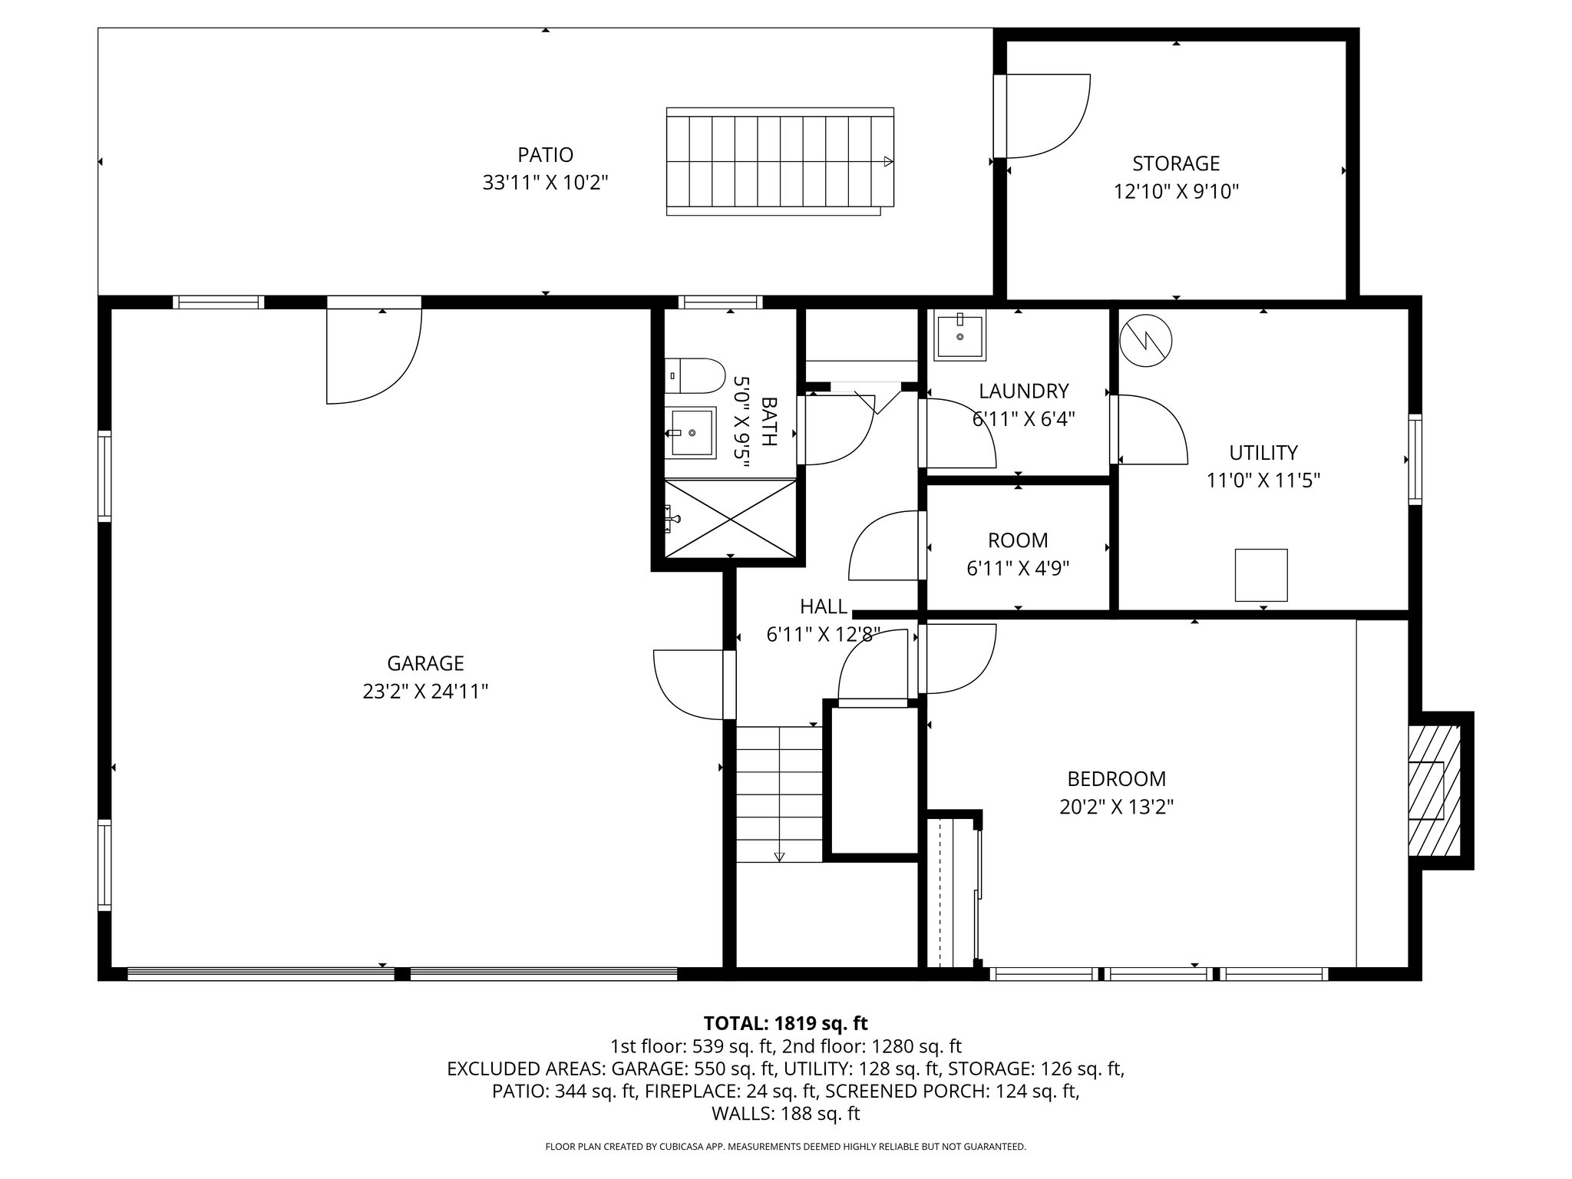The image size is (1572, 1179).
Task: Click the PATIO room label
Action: point(545,155)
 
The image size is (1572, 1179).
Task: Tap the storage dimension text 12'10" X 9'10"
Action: point(1176,191)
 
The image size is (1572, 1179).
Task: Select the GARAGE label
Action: point(425,663)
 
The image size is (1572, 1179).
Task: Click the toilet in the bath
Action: point(694,376)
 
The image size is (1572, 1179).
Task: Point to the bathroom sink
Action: point(690,433)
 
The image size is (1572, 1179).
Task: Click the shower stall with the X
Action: point(729,518)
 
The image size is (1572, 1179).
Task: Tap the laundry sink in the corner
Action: point(959,337)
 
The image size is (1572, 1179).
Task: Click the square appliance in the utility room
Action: point(1260,575)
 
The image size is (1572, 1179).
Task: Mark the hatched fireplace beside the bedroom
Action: point(1433,791)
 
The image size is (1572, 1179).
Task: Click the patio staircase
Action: point(779,162)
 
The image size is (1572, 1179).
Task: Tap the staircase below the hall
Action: point(778,794)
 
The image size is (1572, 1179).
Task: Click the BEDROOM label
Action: point(1116,779)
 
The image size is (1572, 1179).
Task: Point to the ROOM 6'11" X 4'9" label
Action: point(1017,540)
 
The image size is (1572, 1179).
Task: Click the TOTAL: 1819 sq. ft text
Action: point(785,1023)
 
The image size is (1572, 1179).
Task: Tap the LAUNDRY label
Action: point(1023,391)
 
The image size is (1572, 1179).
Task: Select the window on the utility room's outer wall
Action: point(1415,459)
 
